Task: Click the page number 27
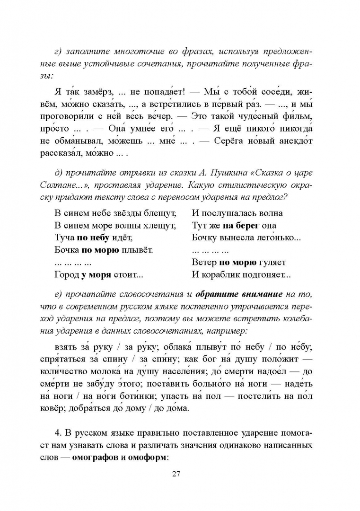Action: coord(180,474)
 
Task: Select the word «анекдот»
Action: coord(294,141)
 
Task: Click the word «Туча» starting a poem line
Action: coord(65,238)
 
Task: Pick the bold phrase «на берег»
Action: coord(237,225)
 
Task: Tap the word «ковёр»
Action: coord(67,408)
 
